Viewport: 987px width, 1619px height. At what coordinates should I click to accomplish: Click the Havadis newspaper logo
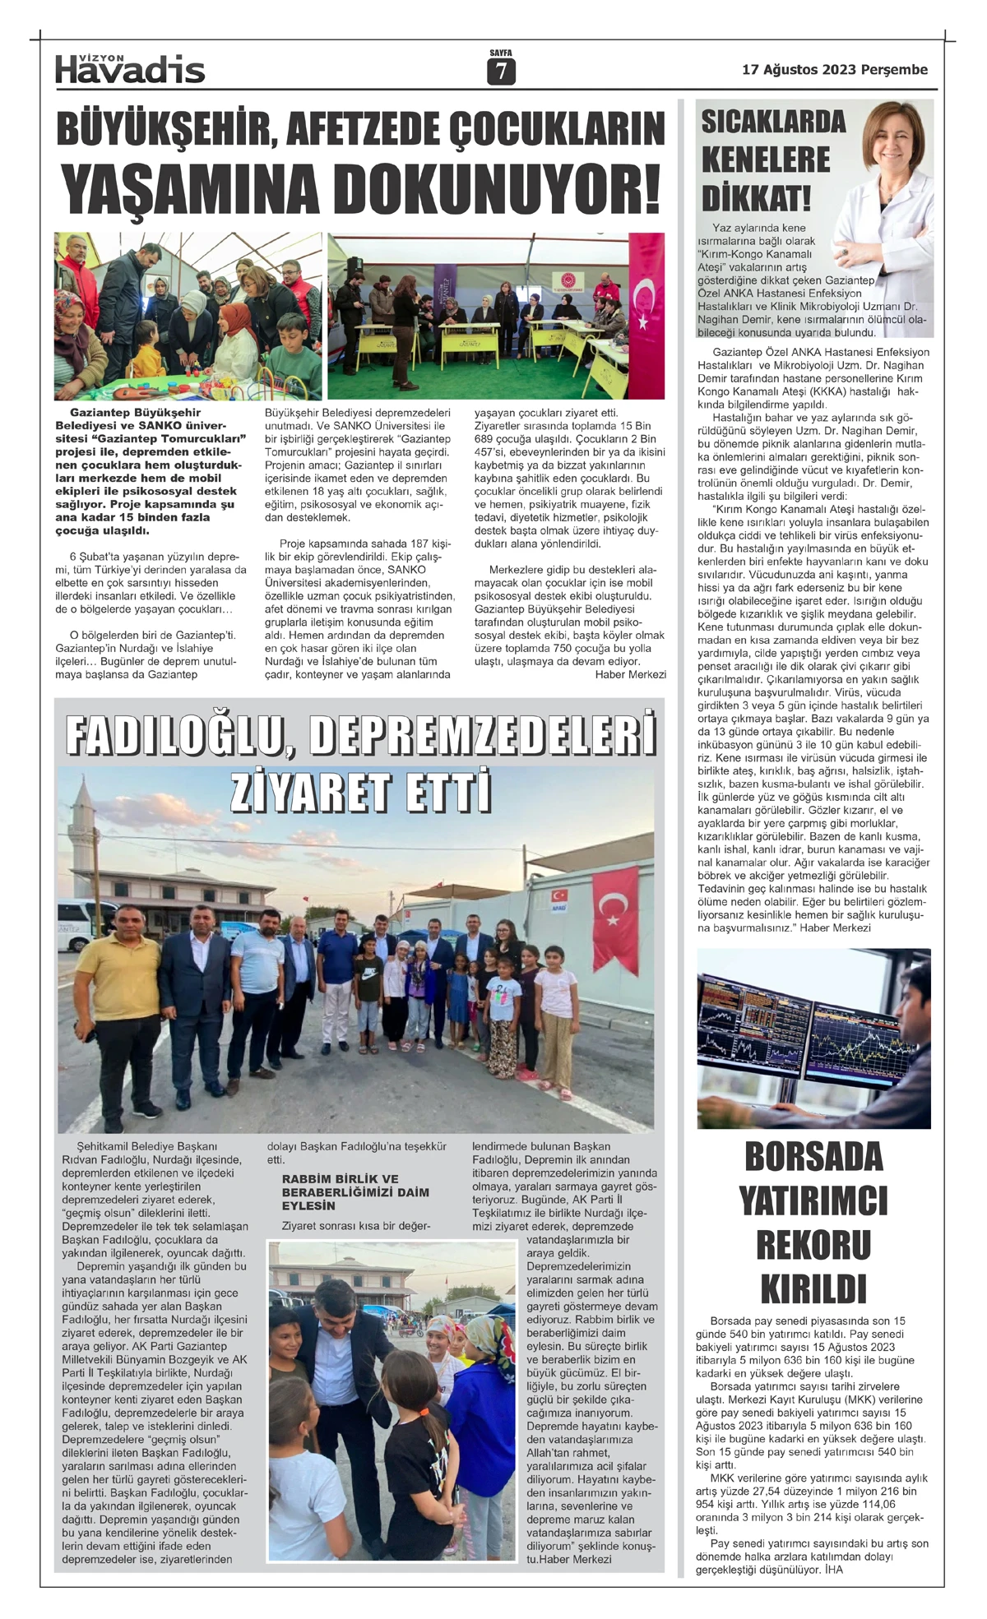[130, 70]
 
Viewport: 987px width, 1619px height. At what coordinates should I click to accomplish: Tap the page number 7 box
[500, 72]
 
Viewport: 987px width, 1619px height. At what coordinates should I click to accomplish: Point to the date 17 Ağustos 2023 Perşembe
[834, 70]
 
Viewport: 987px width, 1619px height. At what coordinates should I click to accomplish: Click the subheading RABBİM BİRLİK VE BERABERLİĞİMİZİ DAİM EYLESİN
[355, 1191]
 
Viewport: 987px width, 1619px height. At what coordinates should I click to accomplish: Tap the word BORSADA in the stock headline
[813, 1158]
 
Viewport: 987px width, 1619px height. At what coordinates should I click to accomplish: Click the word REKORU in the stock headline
[813, 1245]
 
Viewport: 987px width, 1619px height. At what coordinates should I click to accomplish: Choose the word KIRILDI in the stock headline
[813, 1288]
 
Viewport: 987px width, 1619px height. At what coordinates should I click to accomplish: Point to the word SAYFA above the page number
[500, 53]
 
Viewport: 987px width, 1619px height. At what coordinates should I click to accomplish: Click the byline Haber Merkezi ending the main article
[630, 674]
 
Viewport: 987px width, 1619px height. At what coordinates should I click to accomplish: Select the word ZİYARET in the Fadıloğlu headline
[305, 793]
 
